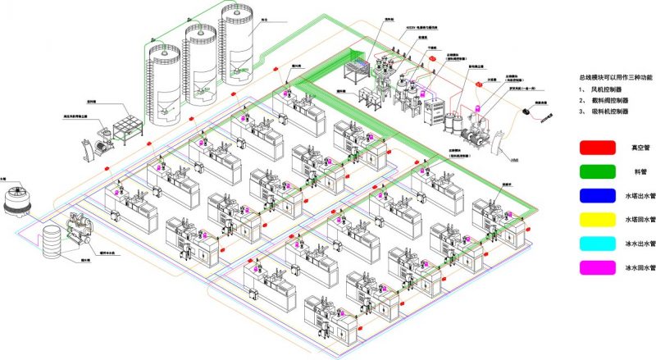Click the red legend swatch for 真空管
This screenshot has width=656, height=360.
pos(597,148)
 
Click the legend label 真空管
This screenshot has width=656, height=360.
pos(640,148)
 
